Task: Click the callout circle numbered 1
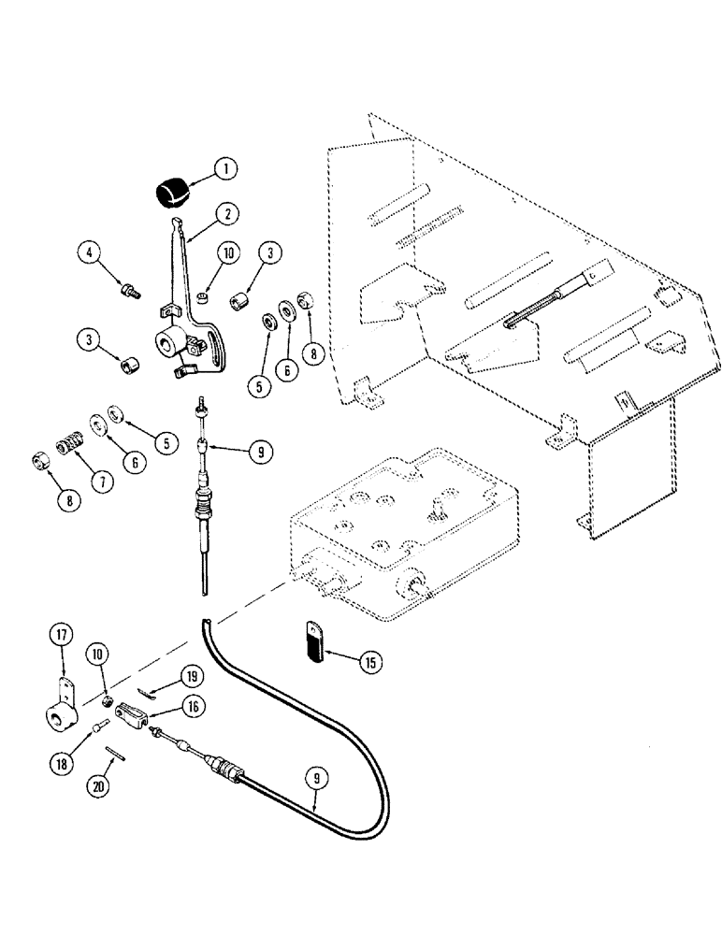[x=224, y=169]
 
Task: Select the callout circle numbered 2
[x=225, y=214]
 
